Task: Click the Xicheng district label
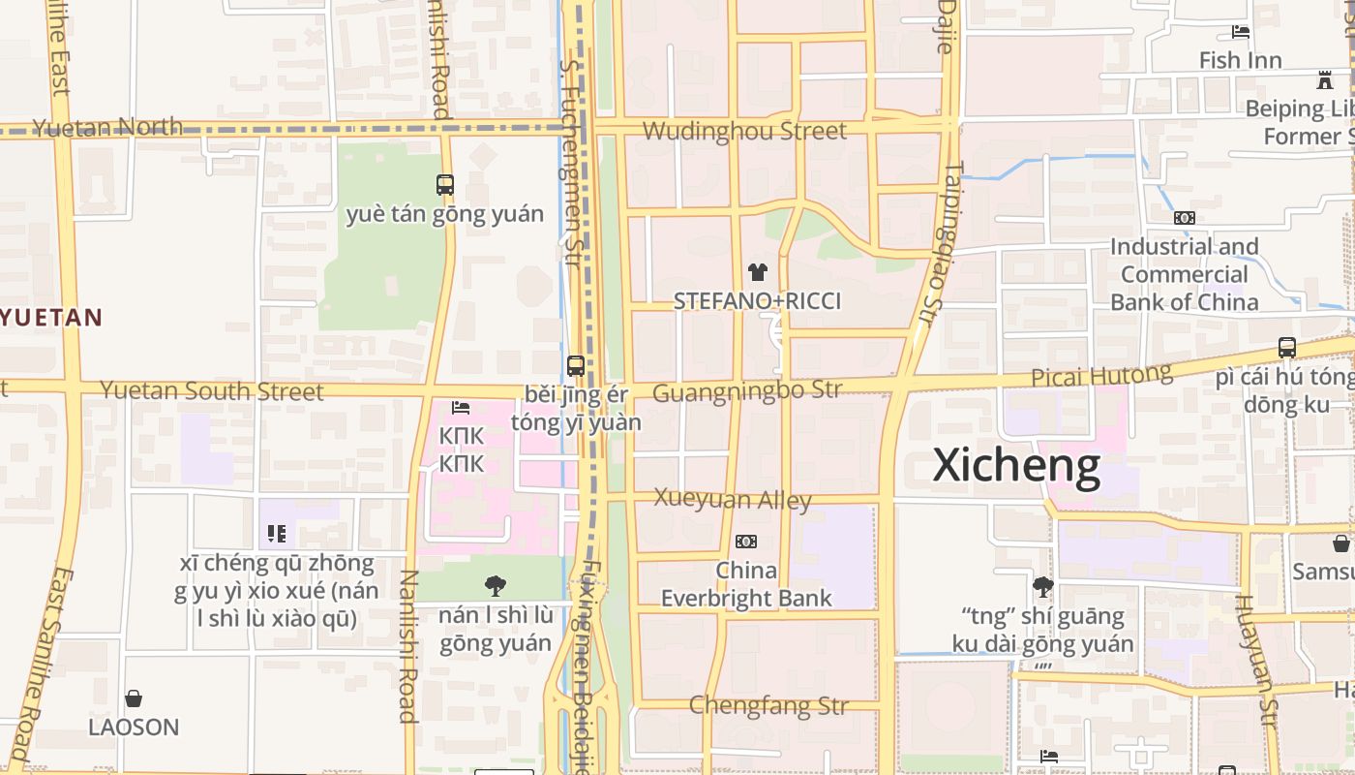tap(1016, 466)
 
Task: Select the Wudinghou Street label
tap(744, 131)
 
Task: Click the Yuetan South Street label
tap(212, 391)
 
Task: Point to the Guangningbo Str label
tap(747, 391)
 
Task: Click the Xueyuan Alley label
tap(733, 499)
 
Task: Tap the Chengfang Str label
tap(768, 705)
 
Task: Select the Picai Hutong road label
tap(1101, 376)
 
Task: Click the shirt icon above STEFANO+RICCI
tap(758, 272)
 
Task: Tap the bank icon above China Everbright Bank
tap(746, 542)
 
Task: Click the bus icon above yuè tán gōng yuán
tap(445, 184)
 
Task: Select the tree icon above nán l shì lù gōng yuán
tap(496, 585)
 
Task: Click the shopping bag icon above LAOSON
tap(134, 698)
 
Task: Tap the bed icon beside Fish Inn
tap(1240, 32)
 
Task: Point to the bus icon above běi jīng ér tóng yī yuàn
tap(576, 366)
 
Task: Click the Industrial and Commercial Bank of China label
tap(1184, 274)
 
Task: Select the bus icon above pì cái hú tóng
tap(1286, 347)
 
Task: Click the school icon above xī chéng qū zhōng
tap(277, 534)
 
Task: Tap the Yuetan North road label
tap(107, 127)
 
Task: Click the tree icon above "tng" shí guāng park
tap(1042, 586)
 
